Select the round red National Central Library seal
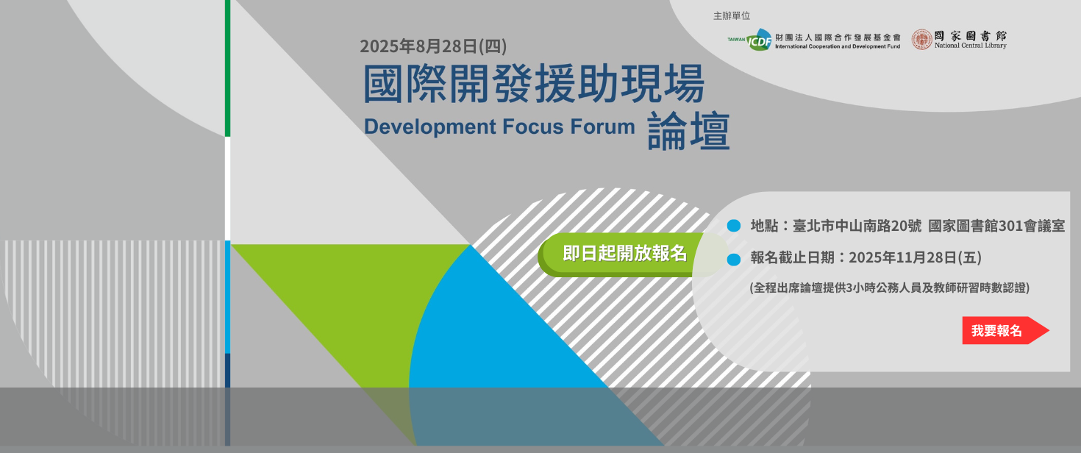tap(921, 40)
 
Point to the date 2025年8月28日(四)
tap(433, 46)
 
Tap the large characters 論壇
tap(688, 131)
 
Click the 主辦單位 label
tap(732, 16)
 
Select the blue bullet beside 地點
tap(734, 226)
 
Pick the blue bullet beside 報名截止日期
tap(734, 260)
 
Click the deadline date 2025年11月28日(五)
tap(915, 257)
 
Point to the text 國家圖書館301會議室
tap(996, 226)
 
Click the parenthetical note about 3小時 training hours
tap(889, 288)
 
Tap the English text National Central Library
tap(971, 46)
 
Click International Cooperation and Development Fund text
tap(838, 47)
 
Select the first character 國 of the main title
tap(384, 84)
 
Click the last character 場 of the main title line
tap(685, 84)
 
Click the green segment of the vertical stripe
tap(228, 68)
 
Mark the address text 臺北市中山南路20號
tap(857, 226)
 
